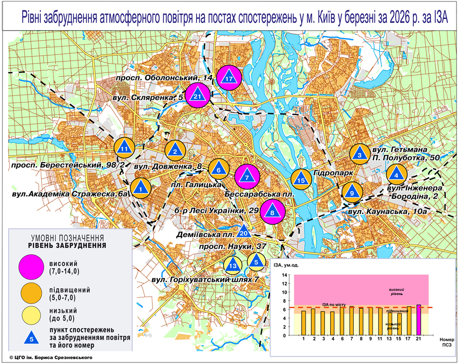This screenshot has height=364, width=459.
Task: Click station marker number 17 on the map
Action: click(x=229, y=78)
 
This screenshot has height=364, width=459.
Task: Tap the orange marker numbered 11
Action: click(x=124, y=149)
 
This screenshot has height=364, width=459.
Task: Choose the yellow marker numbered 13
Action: click(x=232, y=265)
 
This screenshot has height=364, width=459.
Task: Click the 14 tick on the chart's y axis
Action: click(x=285, y=275)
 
